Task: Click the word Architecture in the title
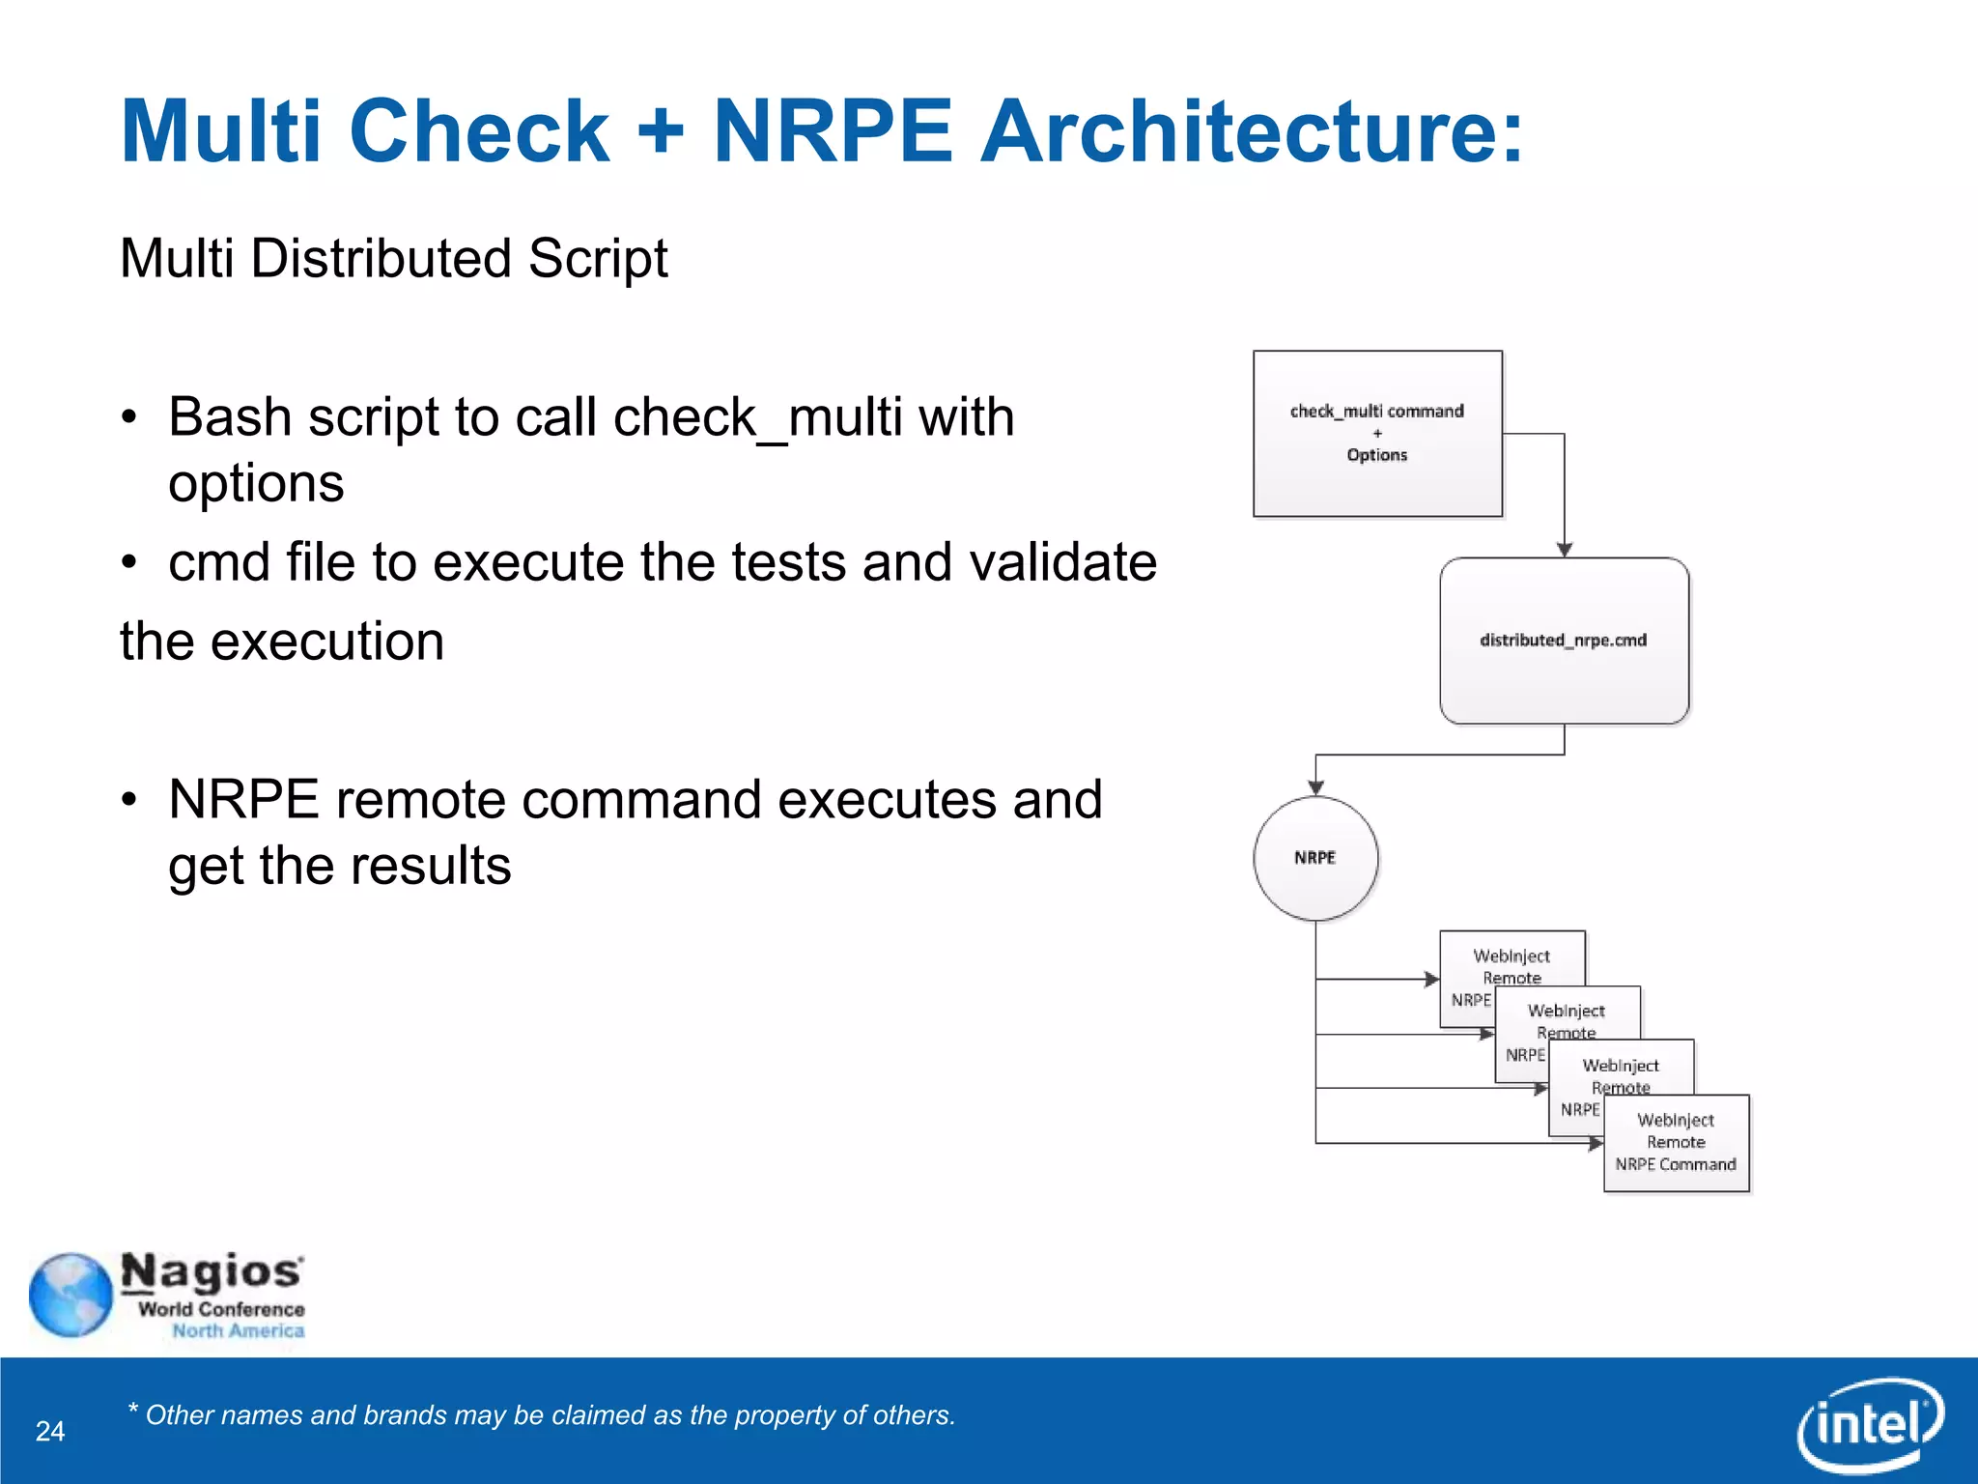click(1251, 132)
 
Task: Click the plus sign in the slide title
click(661, 132)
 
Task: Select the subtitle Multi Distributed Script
click(393, 259)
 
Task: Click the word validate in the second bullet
click(1062, 562)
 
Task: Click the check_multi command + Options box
click(1377, 434)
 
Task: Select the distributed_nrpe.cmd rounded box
click(1564, 641)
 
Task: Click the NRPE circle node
click(1315, 858)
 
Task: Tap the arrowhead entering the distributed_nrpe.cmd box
click(1565, 549)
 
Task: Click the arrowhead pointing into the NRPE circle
click(1315, 787)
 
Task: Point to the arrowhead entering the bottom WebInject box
click(1596, 1143)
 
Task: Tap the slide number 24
click(50, 1431)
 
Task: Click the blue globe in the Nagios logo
click(71, 1295)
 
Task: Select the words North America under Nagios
click(238, 1331)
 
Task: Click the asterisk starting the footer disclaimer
click(132, 1408)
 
